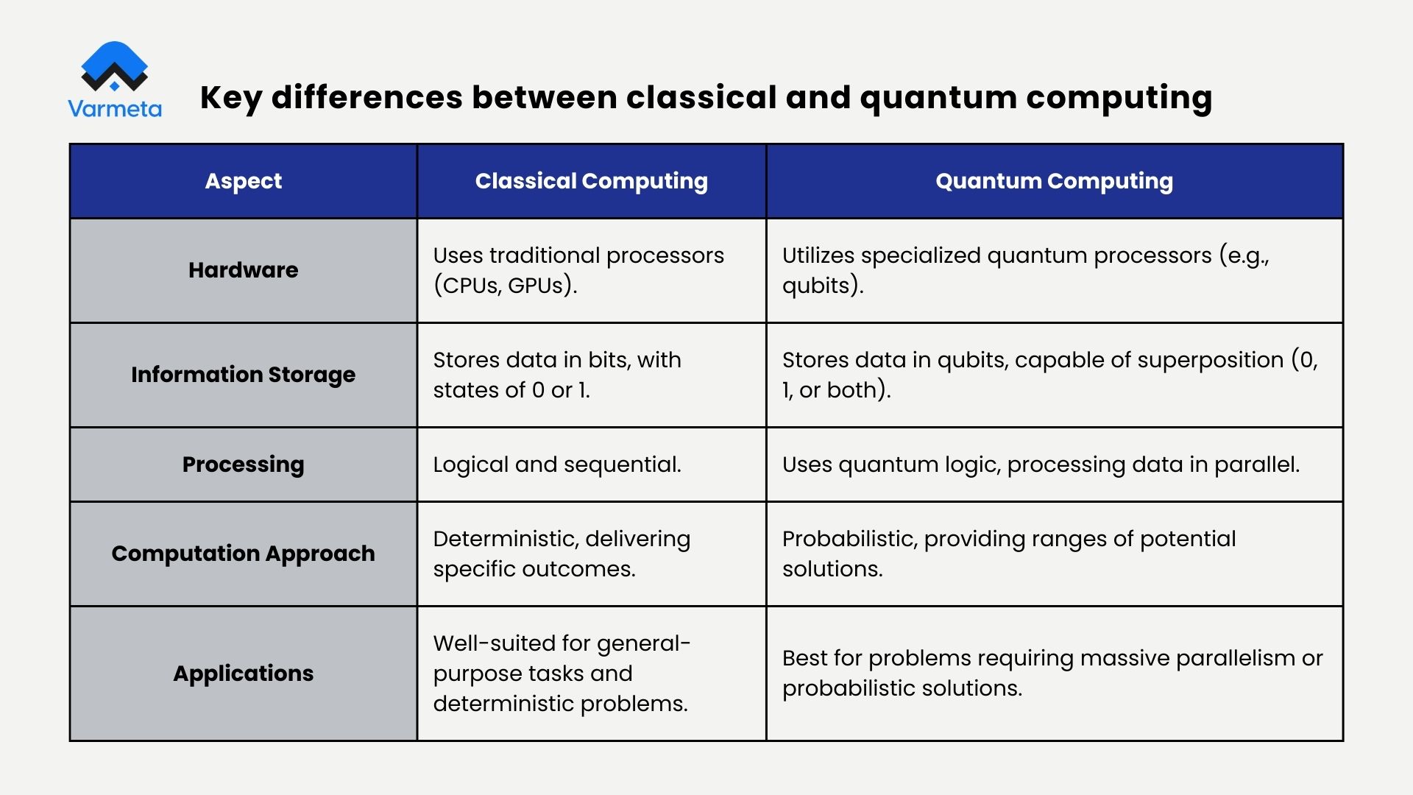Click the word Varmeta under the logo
pos(115,109)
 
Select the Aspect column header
pos(243,181)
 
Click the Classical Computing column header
pos(591,181)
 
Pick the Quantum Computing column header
pos(1054,181)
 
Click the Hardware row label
pos(243,270)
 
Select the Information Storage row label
pos(243,375)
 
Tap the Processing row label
pos(243,464)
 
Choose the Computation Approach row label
pos(243,554)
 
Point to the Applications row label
pos(243,674)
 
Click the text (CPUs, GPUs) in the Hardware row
pos(505,286)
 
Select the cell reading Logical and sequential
pos(557,464)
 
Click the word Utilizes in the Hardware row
pos(818,255)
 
